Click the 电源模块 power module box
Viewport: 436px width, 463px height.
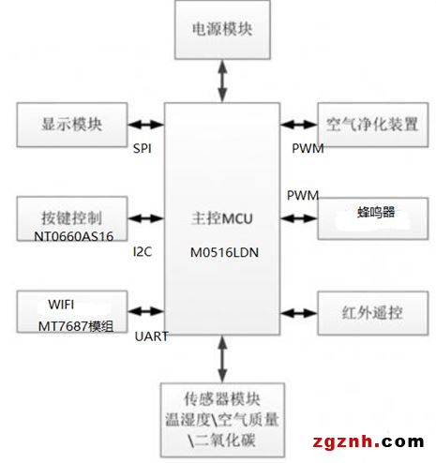pyautogui.click(x=222, y=30)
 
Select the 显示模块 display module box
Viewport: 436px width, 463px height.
pyautogui.click(x=72, y=125)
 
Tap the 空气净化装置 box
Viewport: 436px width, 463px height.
pyautogui.click(x=373, y=125)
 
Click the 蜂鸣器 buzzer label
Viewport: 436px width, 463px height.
pyautogui.click(x=376, y=212)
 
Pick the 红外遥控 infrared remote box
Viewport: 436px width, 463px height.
pyautogui.click(x=373, y=313)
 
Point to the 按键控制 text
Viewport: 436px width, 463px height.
pyautogui.click(x=72, y=217)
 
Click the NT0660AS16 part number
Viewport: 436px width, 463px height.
pyautogui.click(x=73, y=236)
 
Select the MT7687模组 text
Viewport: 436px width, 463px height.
pyautogui.click(x=76, y=326)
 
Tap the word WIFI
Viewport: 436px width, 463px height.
pyautogui.click(x=61, y=305)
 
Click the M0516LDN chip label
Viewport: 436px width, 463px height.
pyautogui.click(x=224, y=252)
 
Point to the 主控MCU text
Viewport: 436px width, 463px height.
pyautogui.click(x=222, y=218)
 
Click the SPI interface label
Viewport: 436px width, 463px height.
pyautogui.click(x=143, y=148)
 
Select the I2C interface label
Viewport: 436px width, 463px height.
pyautogui.click(x=143, y=251)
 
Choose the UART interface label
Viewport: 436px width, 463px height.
pyautogui.click(x=152, y=336)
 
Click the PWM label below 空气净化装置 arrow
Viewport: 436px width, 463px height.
pyautogui.click(x=308, y=148)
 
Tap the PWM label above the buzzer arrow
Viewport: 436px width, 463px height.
pyautogui.click(x=303, y=196)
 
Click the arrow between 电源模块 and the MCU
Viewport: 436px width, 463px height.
pyautogui.click(x=222, y=81)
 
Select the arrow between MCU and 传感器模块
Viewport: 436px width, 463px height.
pyautogui.click(x=222, y=359)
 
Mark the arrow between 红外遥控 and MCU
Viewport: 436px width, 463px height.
pyautogui.click(x=299, y=313)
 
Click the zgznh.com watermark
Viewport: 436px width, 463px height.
pyautogui.click(x=368, y=441)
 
